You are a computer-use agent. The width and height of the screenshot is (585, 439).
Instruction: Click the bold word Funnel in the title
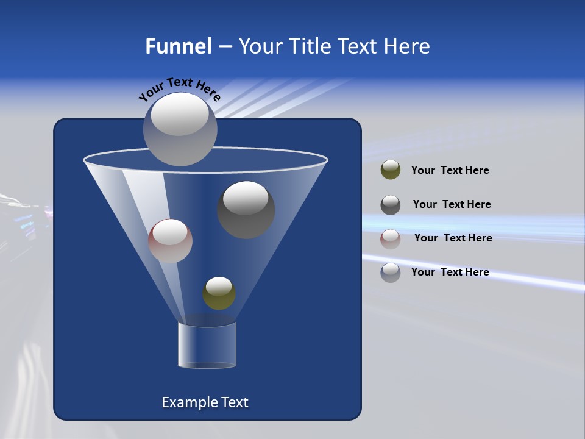[178, 46]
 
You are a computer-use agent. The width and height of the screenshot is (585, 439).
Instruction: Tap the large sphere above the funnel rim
[180, 129]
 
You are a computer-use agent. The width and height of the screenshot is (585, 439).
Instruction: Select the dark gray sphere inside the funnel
[246, 210]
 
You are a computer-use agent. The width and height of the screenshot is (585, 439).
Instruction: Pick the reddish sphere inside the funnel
[170, 241]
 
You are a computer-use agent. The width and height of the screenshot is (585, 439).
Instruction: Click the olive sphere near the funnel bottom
[219, 293]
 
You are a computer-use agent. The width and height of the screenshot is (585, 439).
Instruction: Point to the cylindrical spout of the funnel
[207, 345]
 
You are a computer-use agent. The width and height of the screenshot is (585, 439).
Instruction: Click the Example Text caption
[205, 402]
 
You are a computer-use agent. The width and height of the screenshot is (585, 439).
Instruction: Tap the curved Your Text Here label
[180, 89]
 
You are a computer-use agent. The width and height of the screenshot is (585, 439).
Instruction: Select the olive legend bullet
[391, 170]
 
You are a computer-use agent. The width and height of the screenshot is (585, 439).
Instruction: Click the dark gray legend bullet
[391, 205]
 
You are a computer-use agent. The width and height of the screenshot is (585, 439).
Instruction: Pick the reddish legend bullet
[391, 238]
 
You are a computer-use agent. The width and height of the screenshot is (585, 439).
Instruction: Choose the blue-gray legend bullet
[391, 273]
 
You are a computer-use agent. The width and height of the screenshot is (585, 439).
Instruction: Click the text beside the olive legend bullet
[450, 171]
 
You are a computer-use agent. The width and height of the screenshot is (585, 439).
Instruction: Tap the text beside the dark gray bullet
[452, 205]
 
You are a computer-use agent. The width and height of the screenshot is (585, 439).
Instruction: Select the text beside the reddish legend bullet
[453, 238]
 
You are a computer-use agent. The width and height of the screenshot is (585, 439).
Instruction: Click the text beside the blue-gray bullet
[450, 273]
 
